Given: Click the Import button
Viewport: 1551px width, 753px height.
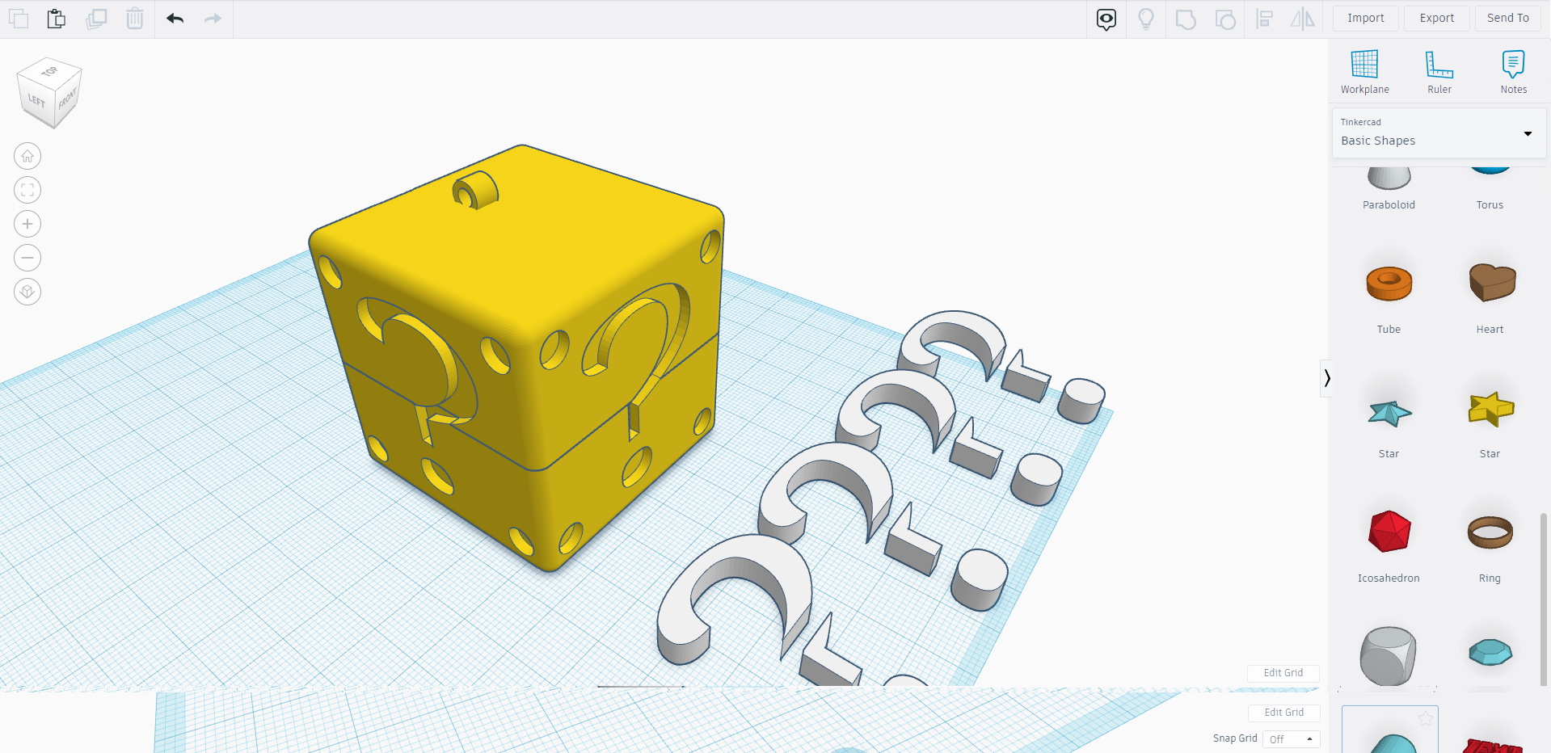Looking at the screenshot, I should pyautogui.click(x=1365, y=18).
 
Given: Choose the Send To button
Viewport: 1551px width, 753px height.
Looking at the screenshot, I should pyautogui.click(x=1507, y=18).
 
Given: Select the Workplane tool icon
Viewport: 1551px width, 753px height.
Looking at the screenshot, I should pyautogui.click(x=1364, y=65).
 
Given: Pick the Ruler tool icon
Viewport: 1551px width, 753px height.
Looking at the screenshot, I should pyautogui.click(x=1439, y=65).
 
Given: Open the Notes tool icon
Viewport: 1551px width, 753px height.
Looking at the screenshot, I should pyautogui.click(x=1513, y=65).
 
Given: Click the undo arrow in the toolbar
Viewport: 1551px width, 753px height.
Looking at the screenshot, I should pyautogui.click(x=175, y=19).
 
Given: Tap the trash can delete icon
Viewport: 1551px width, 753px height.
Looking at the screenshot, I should pyautogui.click(x=135, y=19).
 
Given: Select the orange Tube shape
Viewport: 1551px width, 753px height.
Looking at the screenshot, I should pyautogui.click(x=1389, y=284).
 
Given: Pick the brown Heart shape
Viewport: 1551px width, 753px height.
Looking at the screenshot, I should pyautogui.click(x=1491, y=282).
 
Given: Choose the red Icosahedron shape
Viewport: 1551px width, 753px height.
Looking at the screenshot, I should pyautogui.click(x=1389, y=532).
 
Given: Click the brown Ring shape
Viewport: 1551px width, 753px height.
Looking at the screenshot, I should pyautogui.click(x=1490, y=532).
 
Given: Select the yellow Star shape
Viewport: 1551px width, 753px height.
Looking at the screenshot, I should pyautogui.click(x=1490, y=408).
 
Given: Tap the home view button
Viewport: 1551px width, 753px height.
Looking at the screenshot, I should pyautogui.click(x=27, y=156).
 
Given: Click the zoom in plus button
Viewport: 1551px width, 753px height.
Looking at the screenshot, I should pyautogui.click(x=27, y=224).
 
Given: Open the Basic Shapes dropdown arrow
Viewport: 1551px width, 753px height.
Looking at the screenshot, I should pyautogui.click(x=1528, y=134).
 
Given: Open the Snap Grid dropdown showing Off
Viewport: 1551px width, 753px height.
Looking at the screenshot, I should pyautogui.click(x=1291, y=739).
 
